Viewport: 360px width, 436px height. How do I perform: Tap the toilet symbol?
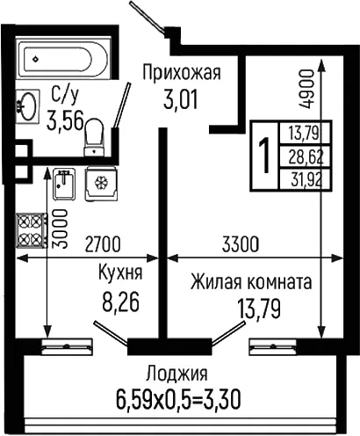(94, 137)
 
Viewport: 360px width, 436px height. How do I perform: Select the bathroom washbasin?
(27, 106)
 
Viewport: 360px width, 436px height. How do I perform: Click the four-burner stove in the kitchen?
(32, 230)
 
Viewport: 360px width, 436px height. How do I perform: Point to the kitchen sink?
(64, 184)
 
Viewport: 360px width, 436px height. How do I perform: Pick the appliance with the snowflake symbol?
(101, 184)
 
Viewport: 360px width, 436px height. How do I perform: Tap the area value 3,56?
(66, 120)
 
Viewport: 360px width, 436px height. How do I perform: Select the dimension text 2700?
(102, 244)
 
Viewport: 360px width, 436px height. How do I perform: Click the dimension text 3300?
(241, 244)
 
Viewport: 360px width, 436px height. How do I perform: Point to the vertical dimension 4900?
(306, 90)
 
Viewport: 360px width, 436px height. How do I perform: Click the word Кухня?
(120, 272)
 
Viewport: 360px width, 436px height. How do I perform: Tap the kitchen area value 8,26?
(120, 302)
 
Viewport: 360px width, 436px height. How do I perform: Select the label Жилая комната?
(251, 282)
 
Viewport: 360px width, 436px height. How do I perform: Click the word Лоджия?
(177, 374)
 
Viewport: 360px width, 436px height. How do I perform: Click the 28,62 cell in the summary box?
(306, 157)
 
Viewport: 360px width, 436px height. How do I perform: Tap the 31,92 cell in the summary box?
(306, 179)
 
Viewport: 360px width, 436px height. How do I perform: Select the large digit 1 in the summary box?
(265, 156)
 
